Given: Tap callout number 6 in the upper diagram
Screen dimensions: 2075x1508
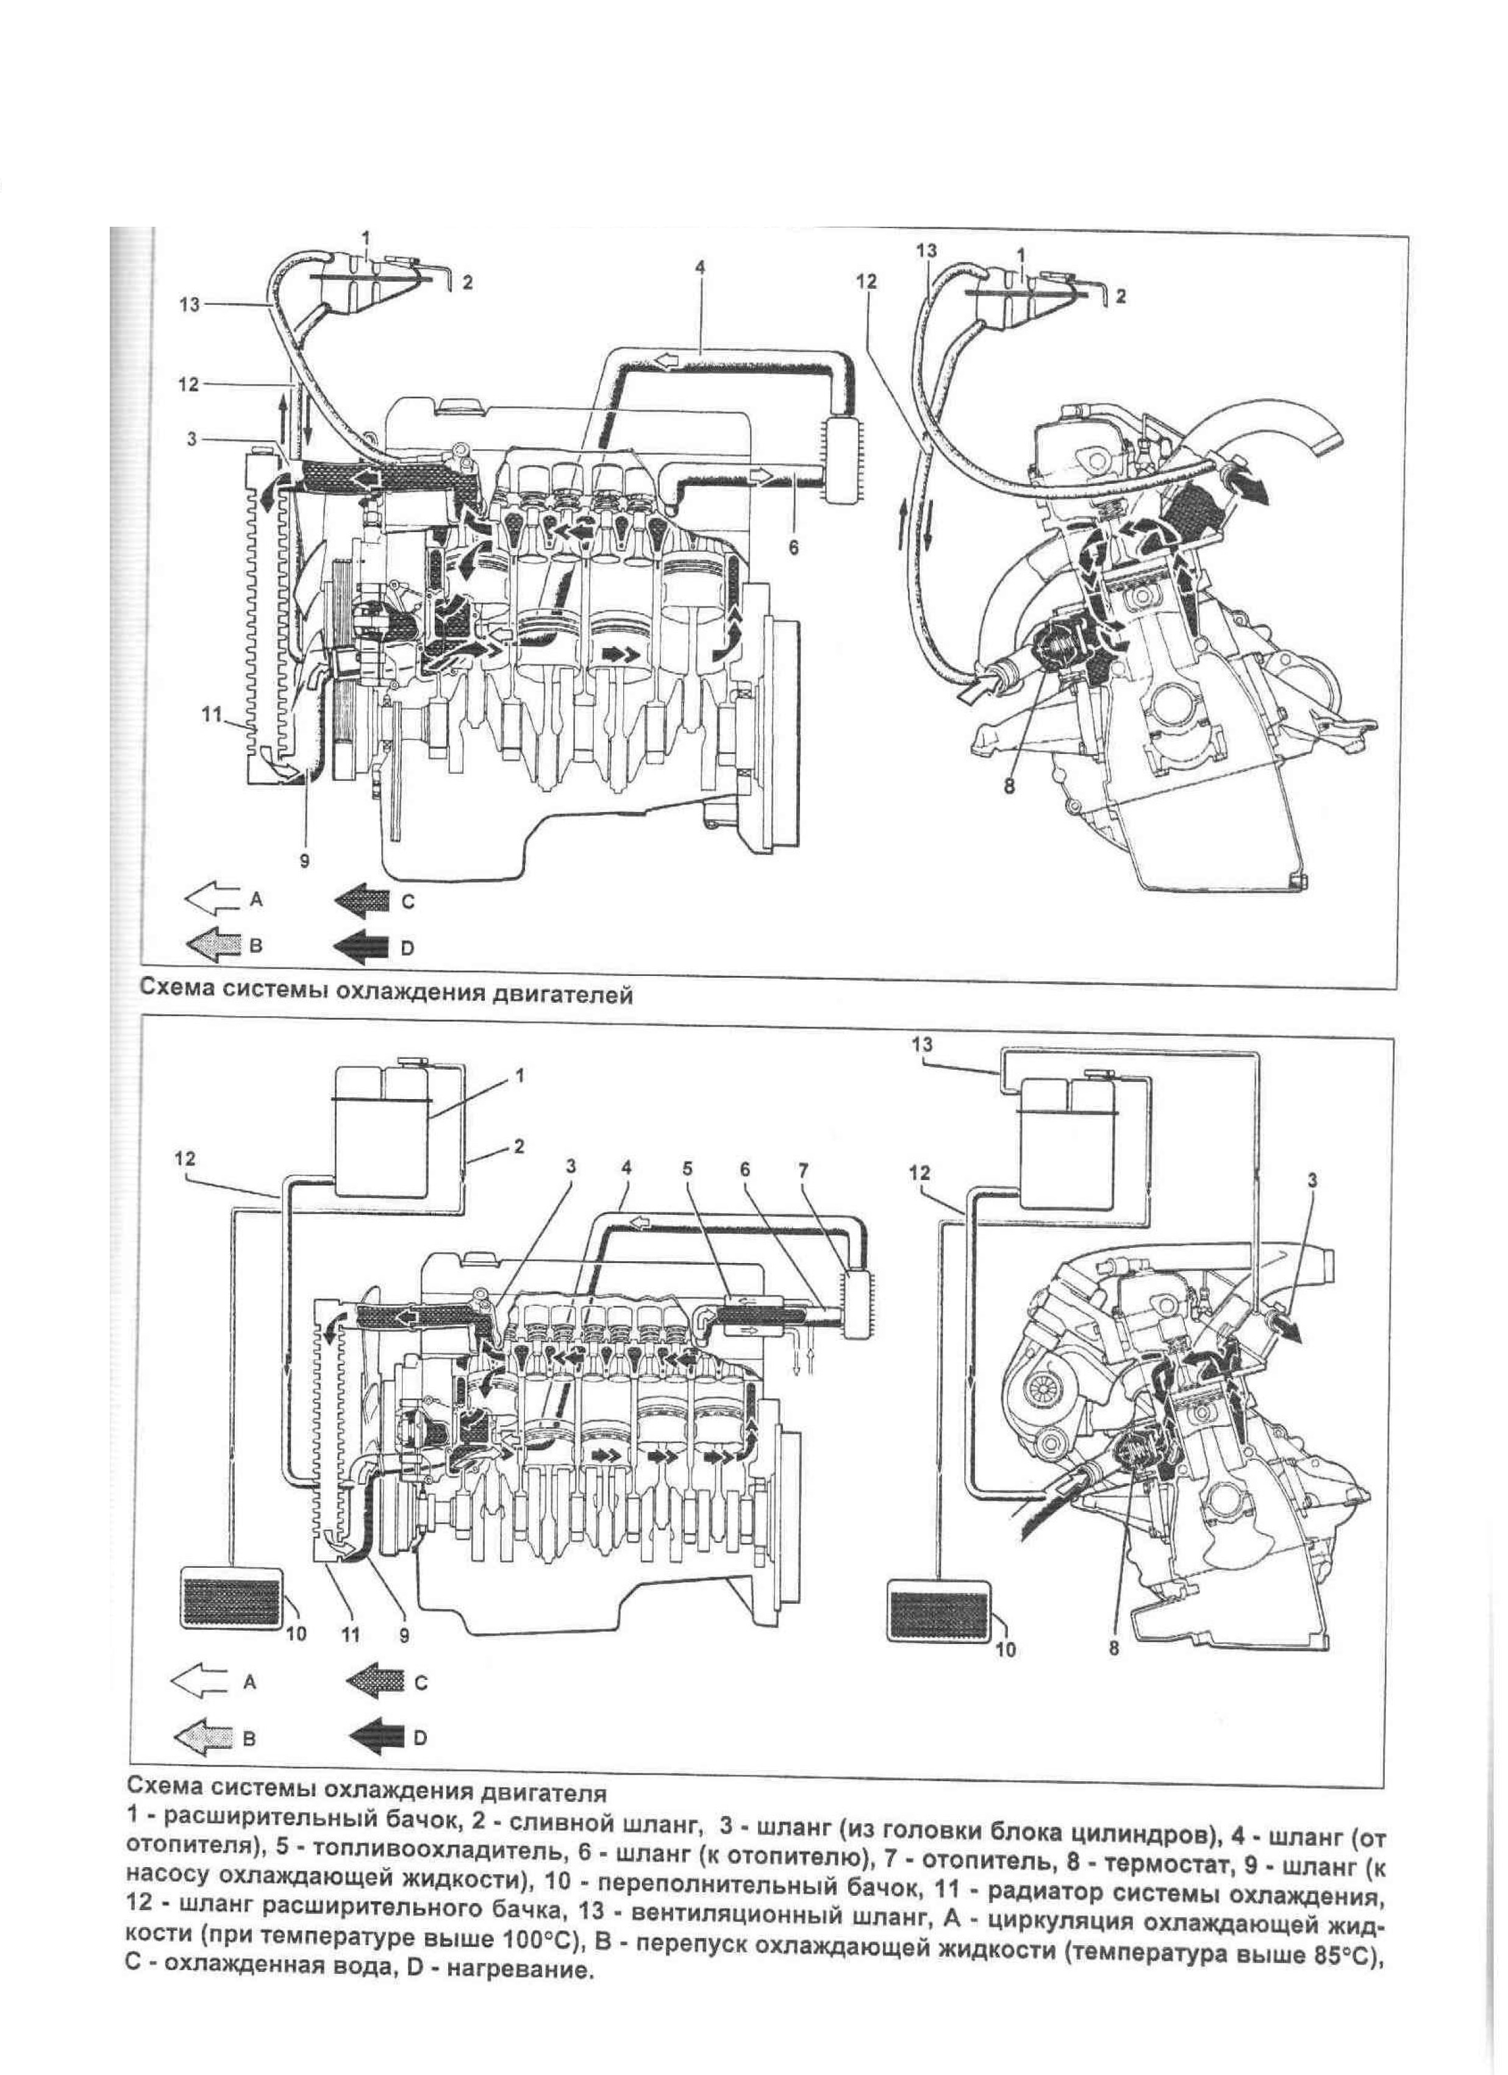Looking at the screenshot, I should coord(793,547).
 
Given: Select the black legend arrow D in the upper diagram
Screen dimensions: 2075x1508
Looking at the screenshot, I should coord(364,948).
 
